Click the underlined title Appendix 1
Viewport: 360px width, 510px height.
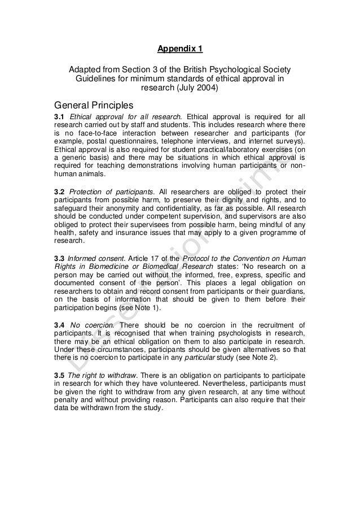[179, 49]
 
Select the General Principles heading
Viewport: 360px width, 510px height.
[93, 105]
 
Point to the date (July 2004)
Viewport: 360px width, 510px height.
[195, 89]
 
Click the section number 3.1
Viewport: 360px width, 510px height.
[59, 117]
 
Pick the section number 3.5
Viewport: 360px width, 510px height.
[59, 376]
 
